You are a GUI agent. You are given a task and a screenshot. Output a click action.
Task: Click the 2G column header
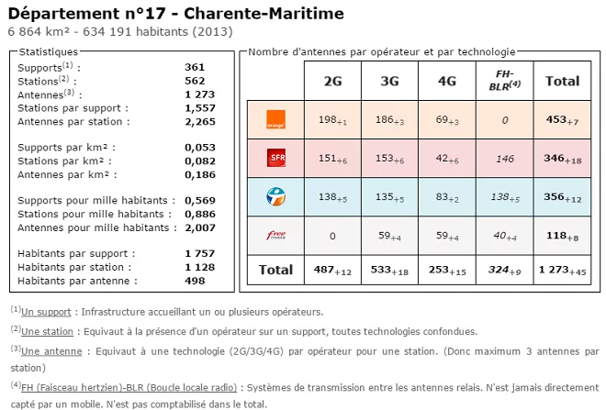(333, 81)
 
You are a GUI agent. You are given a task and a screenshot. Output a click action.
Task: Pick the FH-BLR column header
(504, 80)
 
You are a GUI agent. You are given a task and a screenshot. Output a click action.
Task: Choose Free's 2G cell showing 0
(333, 234)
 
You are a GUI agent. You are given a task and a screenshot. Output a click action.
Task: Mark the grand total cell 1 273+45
(563, 270)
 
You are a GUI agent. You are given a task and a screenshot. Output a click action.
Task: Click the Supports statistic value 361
(195, 67)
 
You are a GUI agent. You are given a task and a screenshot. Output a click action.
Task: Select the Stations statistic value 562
(195, 80)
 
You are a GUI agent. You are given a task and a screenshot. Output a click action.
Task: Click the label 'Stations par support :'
(73, 107)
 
